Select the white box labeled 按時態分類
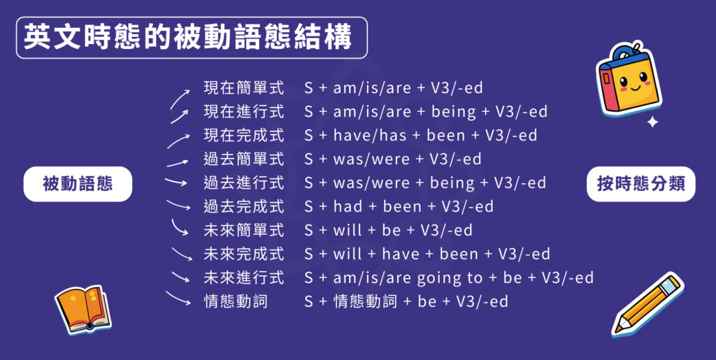pos(640,184)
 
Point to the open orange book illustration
pos(83,308)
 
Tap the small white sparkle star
pos(652,122)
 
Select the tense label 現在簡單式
pos(243,88)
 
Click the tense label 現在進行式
pos(243,112)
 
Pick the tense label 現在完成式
pos(243,136)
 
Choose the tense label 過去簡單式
pos(243,159)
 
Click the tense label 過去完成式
pos(243,207)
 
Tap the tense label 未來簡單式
pos(243,231)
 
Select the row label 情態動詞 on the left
pos(236,302)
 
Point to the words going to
pos(450,278)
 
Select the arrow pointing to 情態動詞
pos(180,298)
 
